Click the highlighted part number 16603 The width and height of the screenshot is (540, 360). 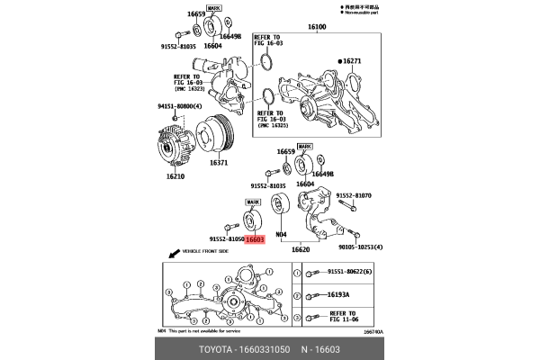255,240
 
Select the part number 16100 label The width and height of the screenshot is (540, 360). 318,28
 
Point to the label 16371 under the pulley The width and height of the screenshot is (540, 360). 220,165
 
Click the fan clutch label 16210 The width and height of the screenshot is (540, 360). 175,177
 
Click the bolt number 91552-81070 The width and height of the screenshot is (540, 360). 354,194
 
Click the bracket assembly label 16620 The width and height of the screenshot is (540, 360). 299,249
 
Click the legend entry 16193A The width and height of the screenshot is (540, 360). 338,294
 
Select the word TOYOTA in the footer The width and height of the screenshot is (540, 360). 215,347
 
